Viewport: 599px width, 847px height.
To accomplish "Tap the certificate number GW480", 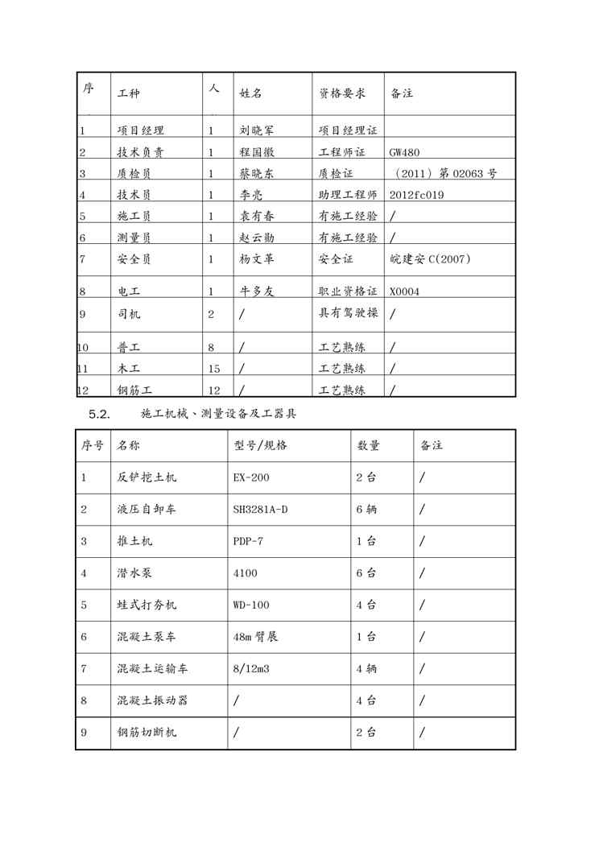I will click(405, 151).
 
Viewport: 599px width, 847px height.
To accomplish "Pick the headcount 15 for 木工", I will click(214, 369).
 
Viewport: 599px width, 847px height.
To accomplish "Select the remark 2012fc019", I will click(416, 195).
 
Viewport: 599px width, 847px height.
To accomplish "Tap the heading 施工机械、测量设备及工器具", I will click(219, 414).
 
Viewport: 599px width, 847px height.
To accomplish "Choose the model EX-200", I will click(251, 477).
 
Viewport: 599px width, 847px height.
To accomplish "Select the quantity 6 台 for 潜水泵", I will click(366, 573).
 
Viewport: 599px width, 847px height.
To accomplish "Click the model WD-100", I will click(251, 605).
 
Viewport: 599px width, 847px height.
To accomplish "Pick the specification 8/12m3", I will click(252, 668).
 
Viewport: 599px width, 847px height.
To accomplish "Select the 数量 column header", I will click(368, 445).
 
